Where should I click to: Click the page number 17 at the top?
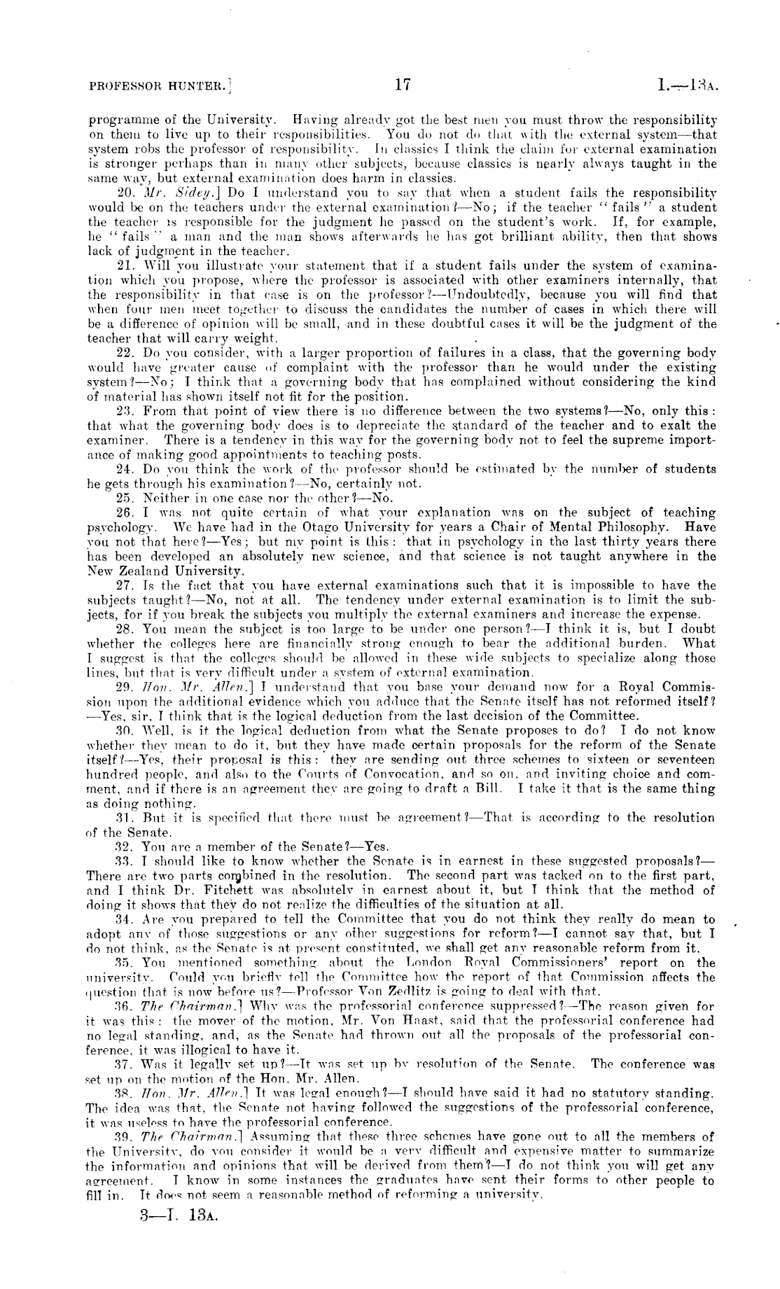[x=402, y=87]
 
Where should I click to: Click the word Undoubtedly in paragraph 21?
[x=492, y=295]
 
